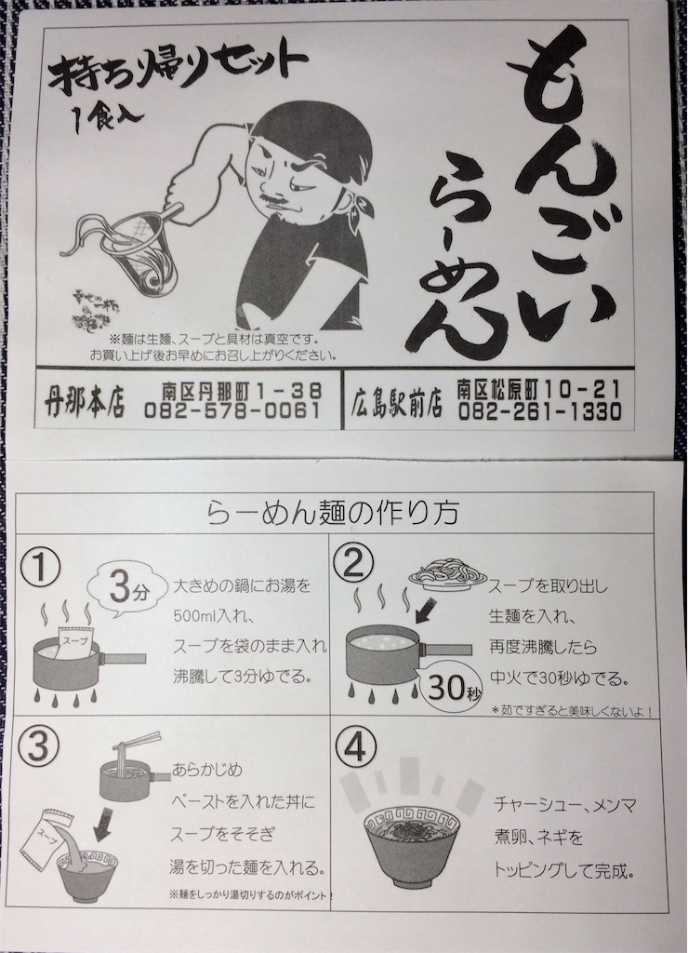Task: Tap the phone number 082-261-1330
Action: [x=539, y=410]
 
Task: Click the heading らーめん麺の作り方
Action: [x=342, y=513]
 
